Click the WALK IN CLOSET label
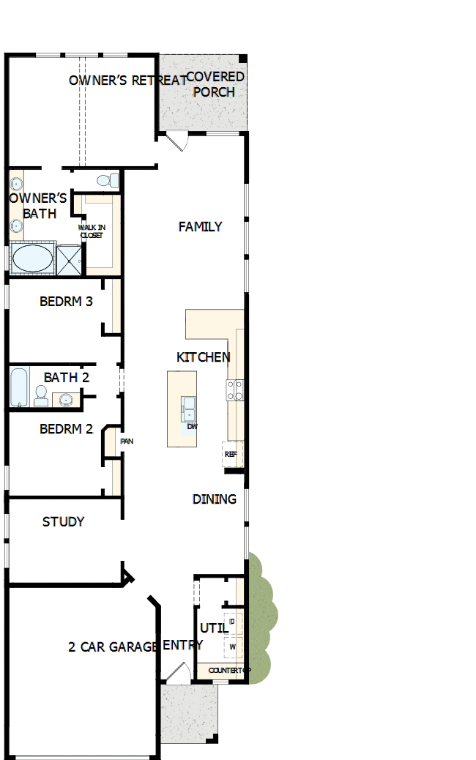click(x=92, y=231)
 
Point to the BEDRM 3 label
click(x=66, y=301)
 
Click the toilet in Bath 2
click(x=41, y=396)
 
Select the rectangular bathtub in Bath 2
click(x=19, y=387)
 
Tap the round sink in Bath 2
click(x=67, y=399)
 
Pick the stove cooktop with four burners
click(x=235, y=390)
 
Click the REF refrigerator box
click(x=231, y=454)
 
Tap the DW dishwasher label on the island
click(x=192, y=426)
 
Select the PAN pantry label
click(x=126, y=442)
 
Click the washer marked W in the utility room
click(x=232, y=647)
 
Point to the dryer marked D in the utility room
click(x=232, y=622)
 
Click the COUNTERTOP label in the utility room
click(x=228, y=671)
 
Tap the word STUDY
click(x=63, y=522)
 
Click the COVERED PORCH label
click(x=215, y=84)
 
